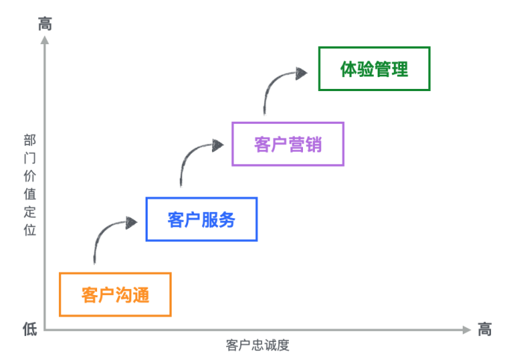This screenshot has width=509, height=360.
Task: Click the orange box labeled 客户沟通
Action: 115,294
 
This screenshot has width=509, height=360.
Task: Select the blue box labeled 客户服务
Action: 202,220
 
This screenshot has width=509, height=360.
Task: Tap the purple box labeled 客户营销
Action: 288,143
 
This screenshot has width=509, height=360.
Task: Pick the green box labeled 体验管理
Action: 375,69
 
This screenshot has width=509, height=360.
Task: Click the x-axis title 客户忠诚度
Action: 257,345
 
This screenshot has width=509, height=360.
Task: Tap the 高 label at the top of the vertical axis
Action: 45,24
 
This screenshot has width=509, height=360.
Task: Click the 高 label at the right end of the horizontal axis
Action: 485,329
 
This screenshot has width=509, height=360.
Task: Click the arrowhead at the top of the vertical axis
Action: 45,40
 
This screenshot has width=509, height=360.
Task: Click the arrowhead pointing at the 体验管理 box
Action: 301,72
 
